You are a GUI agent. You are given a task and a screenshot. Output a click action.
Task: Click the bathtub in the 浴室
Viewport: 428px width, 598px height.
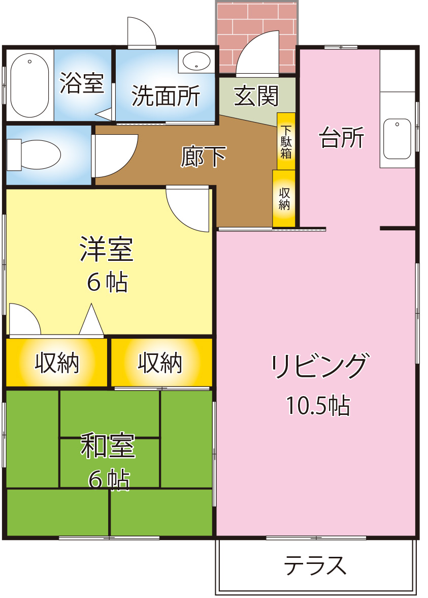[29, 85]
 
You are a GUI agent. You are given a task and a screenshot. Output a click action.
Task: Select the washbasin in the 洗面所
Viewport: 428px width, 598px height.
[196, 62]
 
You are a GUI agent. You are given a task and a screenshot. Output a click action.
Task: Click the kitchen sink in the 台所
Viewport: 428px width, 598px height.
[397, 139]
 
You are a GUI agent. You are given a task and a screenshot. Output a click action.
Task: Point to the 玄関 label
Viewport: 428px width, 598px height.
[256, 96]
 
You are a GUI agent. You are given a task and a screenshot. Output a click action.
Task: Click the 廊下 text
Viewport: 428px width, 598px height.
[203, 157]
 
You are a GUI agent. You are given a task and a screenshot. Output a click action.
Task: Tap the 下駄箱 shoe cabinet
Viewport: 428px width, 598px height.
[286, 141]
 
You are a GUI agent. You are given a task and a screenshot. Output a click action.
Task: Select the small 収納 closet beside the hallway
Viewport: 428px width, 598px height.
[284, 198]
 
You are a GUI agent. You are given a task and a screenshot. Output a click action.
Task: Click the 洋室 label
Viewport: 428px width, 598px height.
[107, 249]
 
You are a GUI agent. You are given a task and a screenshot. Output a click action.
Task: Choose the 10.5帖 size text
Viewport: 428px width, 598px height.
[318, 405]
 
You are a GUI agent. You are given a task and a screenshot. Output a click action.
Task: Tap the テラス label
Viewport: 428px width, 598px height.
[315, 565]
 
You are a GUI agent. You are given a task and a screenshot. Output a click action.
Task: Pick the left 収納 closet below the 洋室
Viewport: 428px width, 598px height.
[57, 363]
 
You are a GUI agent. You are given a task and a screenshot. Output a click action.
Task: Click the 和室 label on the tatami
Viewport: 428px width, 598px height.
[108, 445]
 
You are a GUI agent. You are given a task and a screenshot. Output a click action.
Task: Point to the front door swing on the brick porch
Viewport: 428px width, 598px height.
[258, 53]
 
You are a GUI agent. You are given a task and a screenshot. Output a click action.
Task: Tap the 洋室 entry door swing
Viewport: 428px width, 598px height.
[188, 208]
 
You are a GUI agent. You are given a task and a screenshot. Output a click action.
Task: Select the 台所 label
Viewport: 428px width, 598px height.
[342, 138]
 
